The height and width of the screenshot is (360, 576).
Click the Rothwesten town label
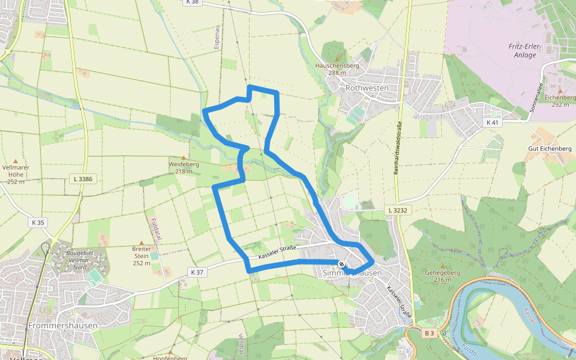[367, 88]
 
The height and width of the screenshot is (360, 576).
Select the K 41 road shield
[493, 122]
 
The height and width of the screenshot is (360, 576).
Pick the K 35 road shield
[37, 223]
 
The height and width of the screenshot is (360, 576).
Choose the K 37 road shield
[197, 272]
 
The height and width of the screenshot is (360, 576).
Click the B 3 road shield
[428, 333]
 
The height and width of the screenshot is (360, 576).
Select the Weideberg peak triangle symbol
[184, 158]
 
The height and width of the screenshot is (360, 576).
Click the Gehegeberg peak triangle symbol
[443, 265]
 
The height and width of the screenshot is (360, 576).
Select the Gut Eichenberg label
[549, 148]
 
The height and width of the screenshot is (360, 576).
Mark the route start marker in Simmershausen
[341, 263]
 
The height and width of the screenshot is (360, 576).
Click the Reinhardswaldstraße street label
[397, 147]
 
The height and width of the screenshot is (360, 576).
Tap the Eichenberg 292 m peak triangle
[560, 91]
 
